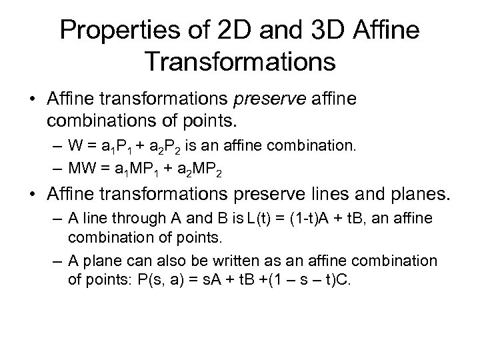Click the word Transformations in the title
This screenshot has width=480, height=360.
tap(239, 62)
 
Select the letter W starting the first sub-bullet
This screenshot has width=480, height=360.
tap(73, 147)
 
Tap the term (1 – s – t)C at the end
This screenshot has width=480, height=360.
tap(324, 279)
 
